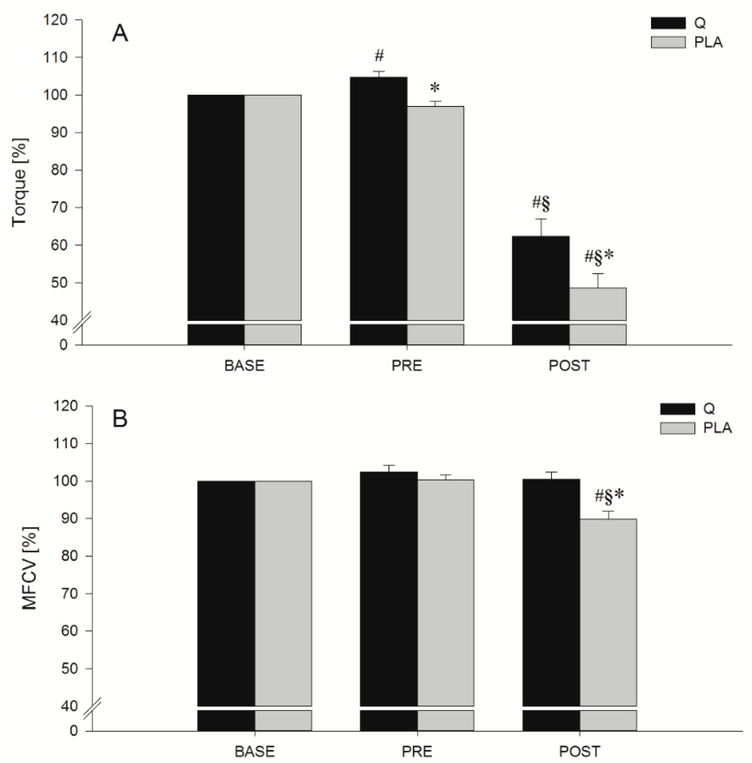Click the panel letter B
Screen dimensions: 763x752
(120, 419)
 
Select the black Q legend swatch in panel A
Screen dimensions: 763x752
(668, 24)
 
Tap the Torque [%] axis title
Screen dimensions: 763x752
(19, 182)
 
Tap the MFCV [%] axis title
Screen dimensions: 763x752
(29, 569)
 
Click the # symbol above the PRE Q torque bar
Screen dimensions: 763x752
(379, 56)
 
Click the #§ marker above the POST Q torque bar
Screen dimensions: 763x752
(541, 203)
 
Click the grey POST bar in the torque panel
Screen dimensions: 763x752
(597, 304)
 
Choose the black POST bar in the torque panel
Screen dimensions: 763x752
(541, 278)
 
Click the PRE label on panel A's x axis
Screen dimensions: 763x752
(406, 366)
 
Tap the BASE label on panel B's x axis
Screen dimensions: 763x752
(255, 752)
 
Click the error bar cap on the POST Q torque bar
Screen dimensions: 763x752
(541, 219)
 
